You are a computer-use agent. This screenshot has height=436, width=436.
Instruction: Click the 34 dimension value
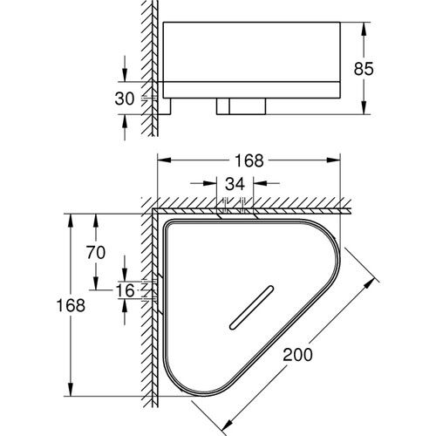pos(235,184)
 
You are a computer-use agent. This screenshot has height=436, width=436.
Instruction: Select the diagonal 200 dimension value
pos(298,356)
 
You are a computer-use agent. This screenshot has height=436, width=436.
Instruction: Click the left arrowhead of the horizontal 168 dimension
pos(160,160)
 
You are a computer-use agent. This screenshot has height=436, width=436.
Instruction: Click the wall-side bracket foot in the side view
pos(165,107)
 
